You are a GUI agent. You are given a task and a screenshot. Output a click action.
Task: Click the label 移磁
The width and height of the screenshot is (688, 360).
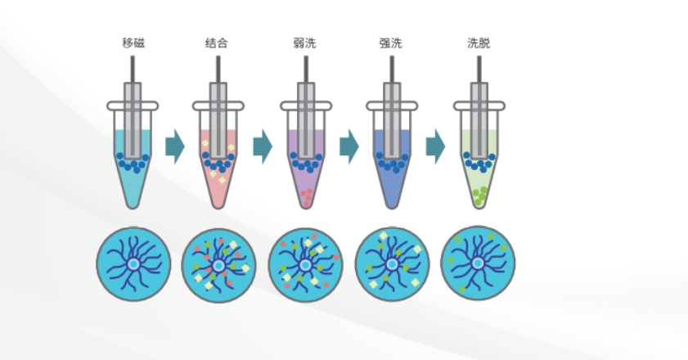133,43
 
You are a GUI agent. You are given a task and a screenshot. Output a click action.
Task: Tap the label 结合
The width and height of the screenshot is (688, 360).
217,43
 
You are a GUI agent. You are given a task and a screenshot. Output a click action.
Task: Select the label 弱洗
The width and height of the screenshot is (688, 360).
304,43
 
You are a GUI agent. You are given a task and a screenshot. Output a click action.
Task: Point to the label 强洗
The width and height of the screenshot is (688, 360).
390,43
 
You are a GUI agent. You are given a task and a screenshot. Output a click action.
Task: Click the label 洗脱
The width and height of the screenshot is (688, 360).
479,43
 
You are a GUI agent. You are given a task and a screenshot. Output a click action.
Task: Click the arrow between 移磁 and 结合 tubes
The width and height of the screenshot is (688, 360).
175,146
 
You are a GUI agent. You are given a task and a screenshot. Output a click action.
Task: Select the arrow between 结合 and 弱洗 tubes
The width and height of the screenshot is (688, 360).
263,146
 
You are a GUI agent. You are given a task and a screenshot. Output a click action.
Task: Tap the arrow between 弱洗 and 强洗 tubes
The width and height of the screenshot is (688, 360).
349,146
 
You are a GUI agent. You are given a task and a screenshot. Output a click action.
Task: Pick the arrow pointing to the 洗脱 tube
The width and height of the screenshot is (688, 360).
436,146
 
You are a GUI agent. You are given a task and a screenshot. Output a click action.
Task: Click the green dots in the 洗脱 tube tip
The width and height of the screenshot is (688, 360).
479,196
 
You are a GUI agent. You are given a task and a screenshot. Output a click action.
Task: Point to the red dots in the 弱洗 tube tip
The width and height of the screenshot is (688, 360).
307,197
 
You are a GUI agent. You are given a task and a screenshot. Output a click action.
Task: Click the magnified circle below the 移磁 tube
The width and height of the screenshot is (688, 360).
133,264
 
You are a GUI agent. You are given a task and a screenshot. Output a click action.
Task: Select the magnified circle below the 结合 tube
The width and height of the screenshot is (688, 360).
218,265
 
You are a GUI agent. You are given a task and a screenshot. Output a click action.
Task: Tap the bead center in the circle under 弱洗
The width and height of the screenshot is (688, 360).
305,265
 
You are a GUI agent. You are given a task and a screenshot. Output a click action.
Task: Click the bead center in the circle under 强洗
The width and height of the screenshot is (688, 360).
392,264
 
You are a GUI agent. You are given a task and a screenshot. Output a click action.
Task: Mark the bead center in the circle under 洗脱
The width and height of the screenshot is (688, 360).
478,263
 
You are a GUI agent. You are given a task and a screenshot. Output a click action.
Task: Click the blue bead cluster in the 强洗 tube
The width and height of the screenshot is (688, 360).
392,163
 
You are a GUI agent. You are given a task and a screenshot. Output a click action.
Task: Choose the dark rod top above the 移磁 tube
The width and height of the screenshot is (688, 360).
133,69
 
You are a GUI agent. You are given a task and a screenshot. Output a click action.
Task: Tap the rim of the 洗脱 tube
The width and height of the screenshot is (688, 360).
479,106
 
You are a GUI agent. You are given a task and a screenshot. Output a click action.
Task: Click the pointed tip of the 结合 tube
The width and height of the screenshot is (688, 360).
218,208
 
